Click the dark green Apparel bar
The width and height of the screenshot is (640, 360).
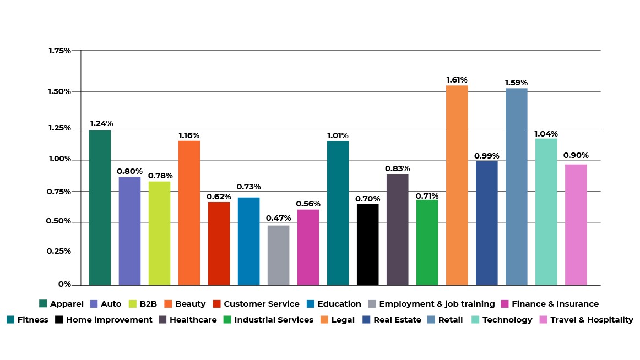pos(100,208)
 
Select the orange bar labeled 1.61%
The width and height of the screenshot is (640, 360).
pos(457,185)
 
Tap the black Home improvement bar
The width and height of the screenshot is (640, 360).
pos(367,244)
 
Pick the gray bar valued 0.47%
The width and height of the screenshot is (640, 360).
pos(278,255)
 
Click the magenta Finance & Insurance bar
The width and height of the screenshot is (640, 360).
pos(308,247)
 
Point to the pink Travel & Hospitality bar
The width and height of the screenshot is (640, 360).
pos(576,225)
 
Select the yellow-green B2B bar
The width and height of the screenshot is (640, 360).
pos(159,233)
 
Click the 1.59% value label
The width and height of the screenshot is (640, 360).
pos(516,83)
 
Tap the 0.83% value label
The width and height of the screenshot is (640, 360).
pos(397,168)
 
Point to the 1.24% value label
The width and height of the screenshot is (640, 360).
pos(101,123)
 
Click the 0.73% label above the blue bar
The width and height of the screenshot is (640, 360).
pos(248,187)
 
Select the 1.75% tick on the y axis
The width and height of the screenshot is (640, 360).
pos(59,51)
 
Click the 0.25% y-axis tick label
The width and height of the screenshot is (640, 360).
pos(59,251)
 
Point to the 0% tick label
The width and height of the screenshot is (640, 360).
pos(65,284)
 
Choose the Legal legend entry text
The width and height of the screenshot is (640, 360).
pos(343,320)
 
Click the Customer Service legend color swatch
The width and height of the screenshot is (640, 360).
pos(216,304)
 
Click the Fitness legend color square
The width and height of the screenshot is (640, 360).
pos(10,320)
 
